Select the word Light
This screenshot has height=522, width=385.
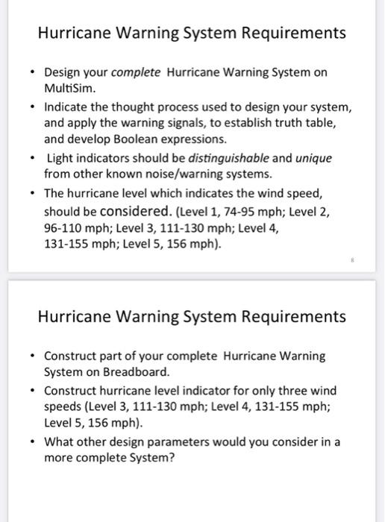pos(61,158)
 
